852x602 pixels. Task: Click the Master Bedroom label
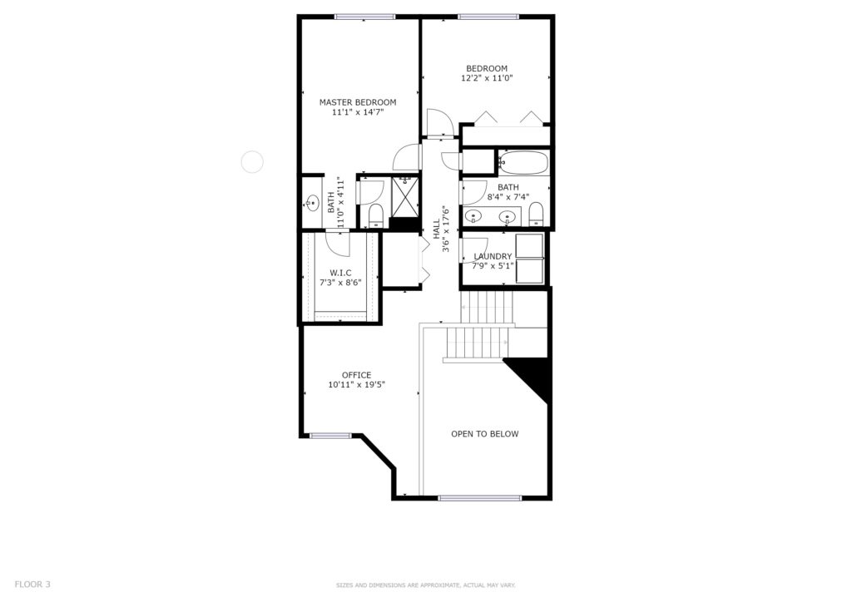(358, 102)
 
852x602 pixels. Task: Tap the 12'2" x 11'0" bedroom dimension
(487, 78)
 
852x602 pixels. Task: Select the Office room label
(356, 375)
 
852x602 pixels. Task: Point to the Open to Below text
(485, 434)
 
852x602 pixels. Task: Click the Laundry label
(493, 256)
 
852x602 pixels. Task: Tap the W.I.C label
(340, 273)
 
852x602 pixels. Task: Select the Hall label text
(436, 229)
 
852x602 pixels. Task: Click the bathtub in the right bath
(523, 162)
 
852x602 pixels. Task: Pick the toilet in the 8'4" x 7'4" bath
(537, 214)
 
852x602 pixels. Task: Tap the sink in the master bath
(312, 204)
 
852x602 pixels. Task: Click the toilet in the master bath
(376, 216)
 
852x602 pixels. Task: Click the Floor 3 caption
(32, 585)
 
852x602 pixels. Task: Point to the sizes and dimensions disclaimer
(425, 585)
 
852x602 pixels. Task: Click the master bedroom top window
(364, 17)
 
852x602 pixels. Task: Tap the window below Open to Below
(480, 498)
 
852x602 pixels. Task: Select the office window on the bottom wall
(330, 436)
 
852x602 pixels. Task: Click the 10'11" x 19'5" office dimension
(356, 385)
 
